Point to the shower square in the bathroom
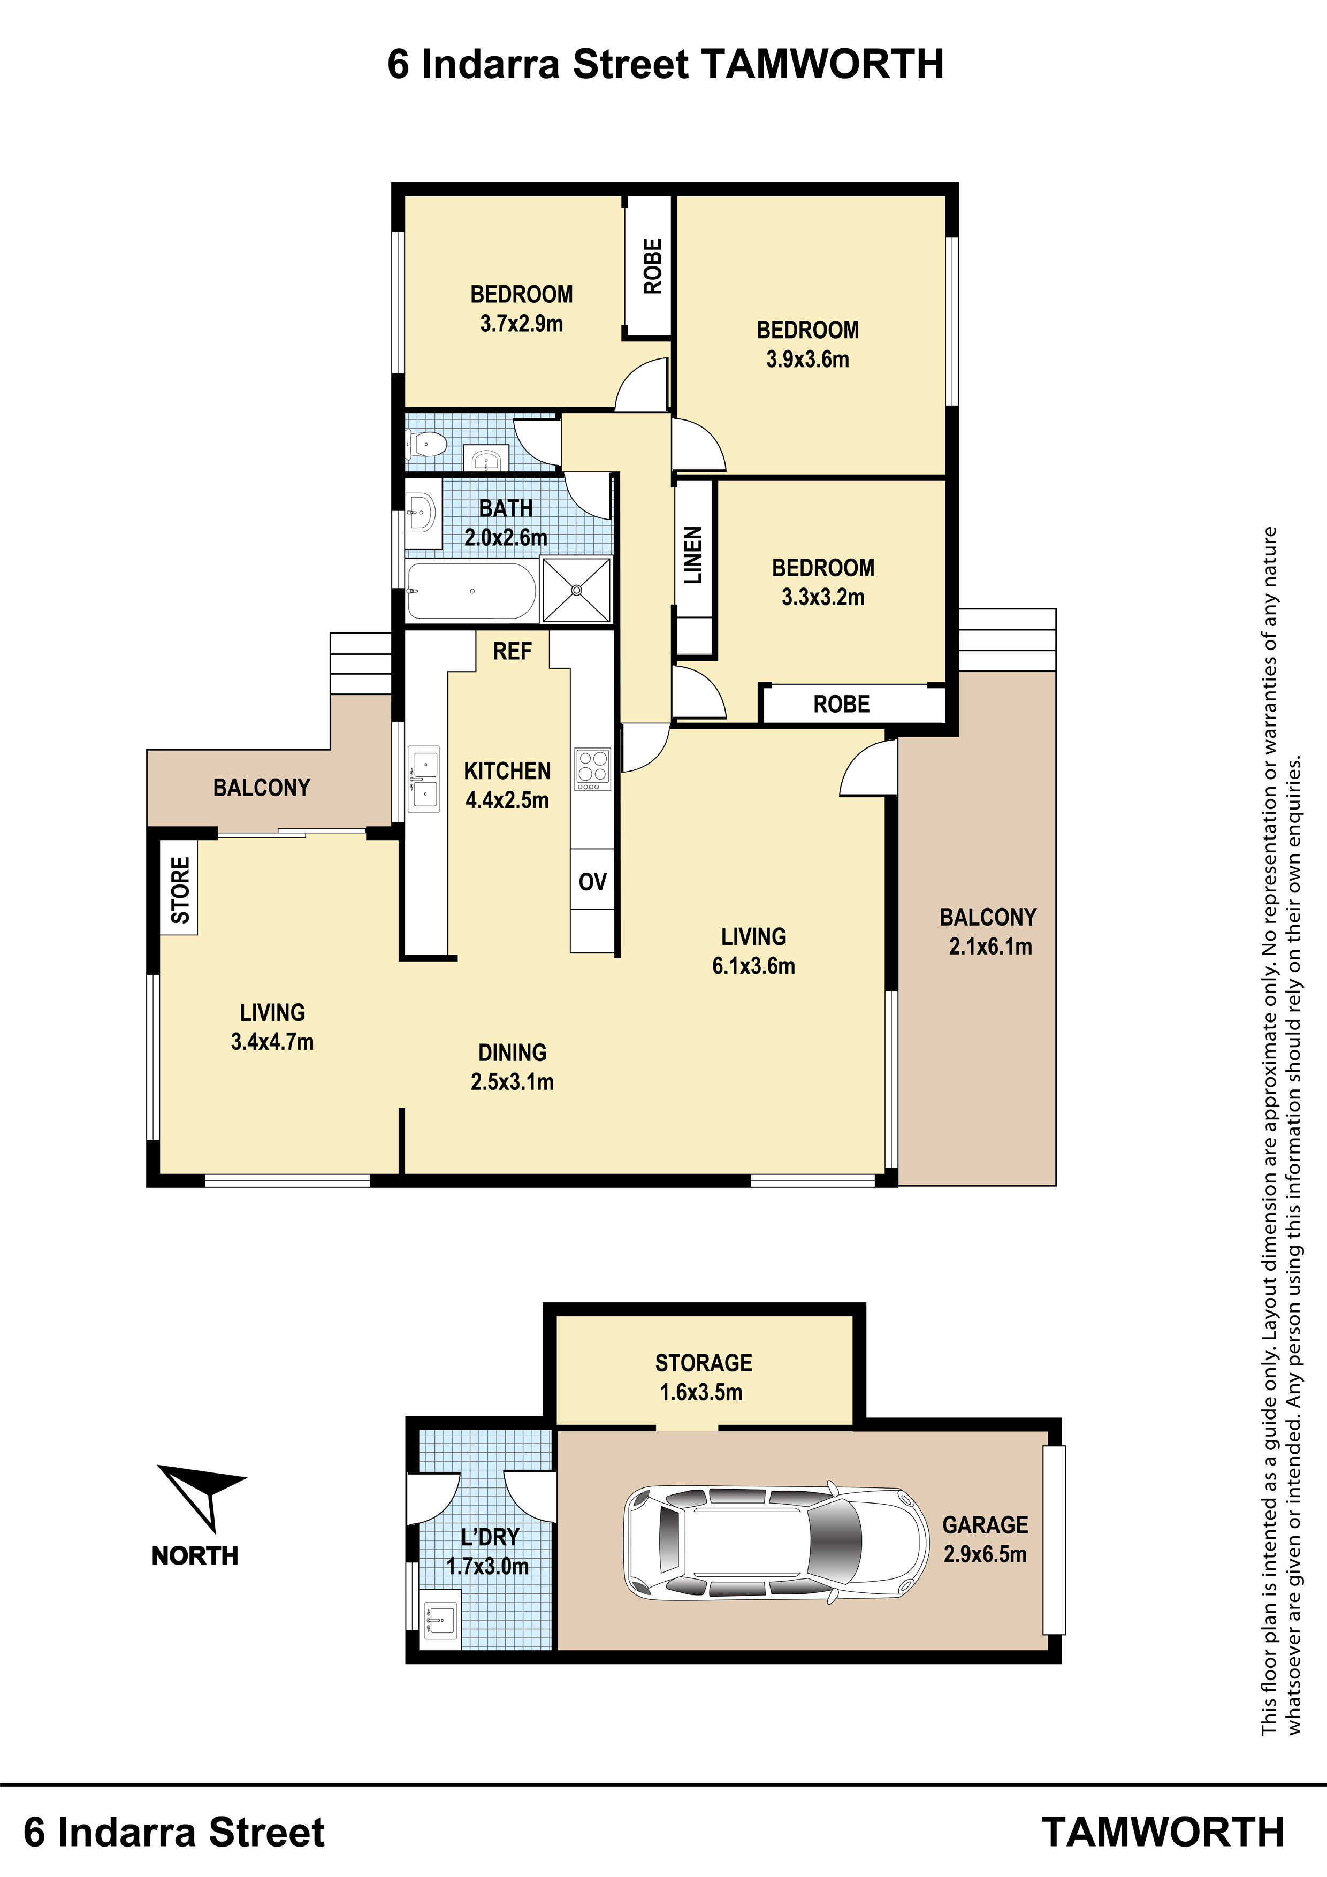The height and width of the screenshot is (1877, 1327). [x=576, y=589]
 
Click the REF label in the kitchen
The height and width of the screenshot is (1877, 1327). [x=512, y=652]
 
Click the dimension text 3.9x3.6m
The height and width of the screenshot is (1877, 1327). [x=808, y=359]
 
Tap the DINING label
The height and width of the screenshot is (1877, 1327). [x=513, y=1052]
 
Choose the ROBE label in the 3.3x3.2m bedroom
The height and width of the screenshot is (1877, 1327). [x=841, y=704]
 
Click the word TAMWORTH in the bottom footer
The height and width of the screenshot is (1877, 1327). [x=1163, y=1832]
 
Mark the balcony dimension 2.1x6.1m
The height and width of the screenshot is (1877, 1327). [x=990, y=947]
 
